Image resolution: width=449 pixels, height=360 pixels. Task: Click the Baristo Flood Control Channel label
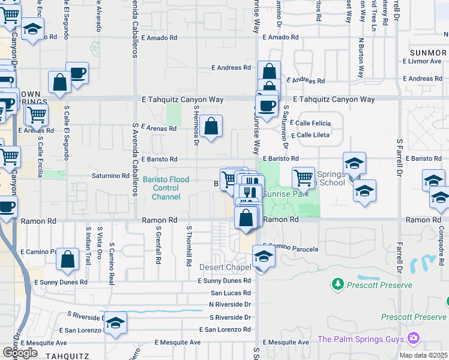tap(166, 188)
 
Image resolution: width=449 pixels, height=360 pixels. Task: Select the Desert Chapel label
tap(229, 267)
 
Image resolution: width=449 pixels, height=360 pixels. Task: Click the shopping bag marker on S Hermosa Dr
tap(211, 127)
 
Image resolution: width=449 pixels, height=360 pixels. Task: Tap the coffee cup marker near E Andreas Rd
tap(77, 74)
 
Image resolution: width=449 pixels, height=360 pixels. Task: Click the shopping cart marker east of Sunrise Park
tap(303, 178)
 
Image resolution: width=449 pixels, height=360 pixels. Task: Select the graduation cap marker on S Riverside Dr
tap(115, 323)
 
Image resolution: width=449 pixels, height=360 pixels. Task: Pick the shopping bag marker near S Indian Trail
tap(68, 260)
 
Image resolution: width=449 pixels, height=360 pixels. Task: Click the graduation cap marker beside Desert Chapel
tap(263, 257)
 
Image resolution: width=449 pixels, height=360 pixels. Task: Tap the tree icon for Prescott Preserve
tap(339, 283)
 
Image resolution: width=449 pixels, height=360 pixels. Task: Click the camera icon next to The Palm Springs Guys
tap(414, 339)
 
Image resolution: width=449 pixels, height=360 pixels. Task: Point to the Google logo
tap(20, 353)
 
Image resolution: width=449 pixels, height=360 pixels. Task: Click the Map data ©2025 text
tap(423, 355)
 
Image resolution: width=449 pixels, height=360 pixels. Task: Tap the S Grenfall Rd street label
tap(160, 245)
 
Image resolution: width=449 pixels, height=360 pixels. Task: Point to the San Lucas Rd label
tap(230, 293)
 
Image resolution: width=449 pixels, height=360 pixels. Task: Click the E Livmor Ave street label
tap(423, 61)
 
